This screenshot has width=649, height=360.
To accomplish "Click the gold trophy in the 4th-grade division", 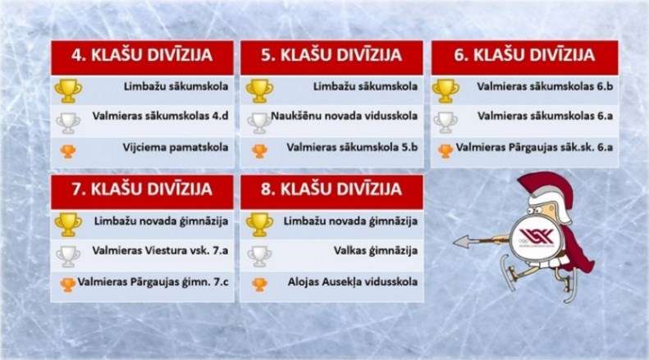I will click(x=66, y=89).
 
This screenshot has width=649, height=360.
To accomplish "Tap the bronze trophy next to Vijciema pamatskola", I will click(x=67, y=151).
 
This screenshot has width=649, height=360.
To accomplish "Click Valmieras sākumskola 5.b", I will click(x=353, y=148).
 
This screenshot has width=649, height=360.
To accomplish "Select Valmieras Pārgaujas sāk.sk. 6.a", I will click(x=534, y=148).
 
